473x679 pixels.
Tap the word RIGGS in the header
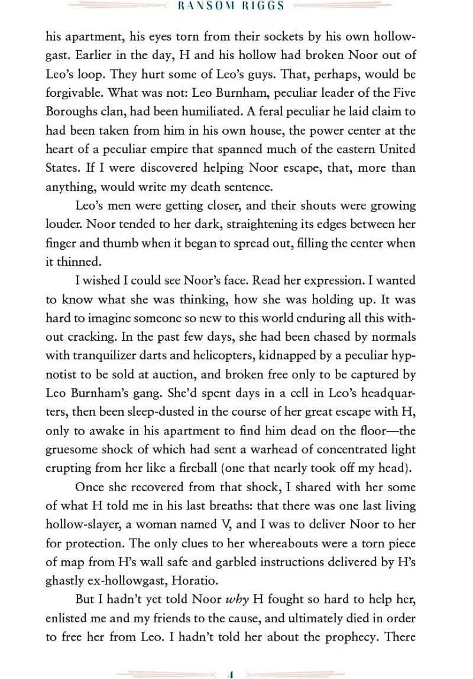pos(263,6)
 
